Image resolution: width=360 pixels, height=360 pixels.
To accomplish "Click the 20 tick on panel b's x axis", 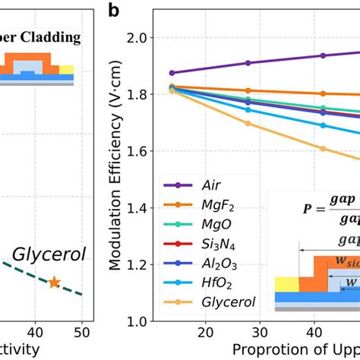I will pyautogui.click(x=205, y=334).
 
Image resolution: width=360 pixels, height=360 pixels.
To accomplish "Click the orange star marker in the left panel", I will pyautogui.click(x=54, y=283).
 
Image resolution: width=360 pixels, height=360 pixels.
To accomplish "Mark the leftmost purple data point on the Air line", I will pyautogui.click(x=172, y=73).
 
